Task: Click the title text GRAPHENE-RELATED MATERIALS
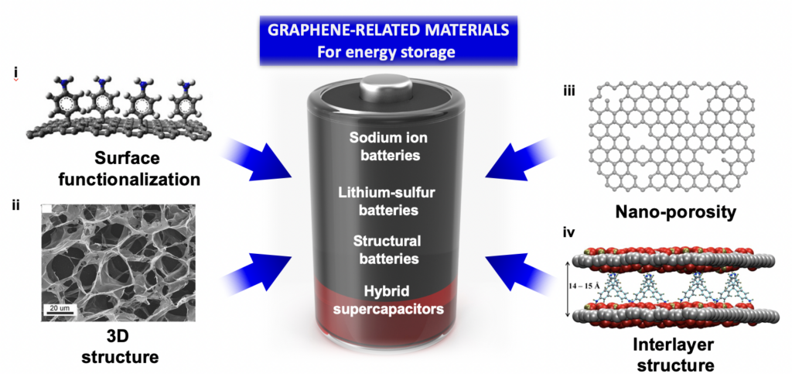tap(388, 31)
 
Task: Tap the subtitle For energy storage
tap(388, 52)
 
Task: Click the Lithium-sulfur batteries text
tap(388, 201)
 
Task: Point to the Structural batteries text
tap(388, 249)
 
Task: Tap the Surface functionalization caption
tap(136, 169)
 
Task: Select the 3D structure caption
tap(120, 347)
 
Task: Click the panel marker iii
tap(568, 91)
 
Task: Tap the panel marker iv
tap(570, 234)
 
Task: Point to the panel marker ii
tap(15, 205)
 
